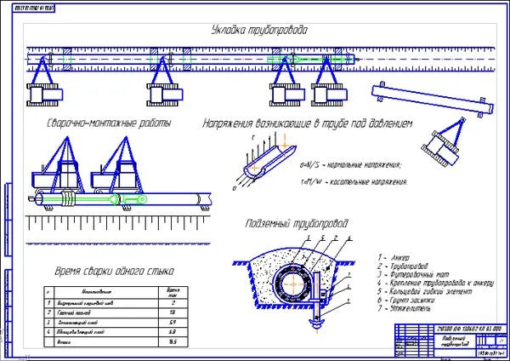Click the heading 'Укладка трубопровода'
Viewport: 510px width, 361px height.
tap(259, 31)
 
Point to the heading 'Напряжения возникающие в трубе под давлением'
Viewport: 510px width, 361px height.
tap(307, 124)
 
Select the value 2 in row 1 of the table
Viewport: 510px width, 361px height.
tap(173, 302)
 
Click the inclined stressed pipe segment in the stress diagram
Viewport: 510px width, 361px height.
tap(263, 163)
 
